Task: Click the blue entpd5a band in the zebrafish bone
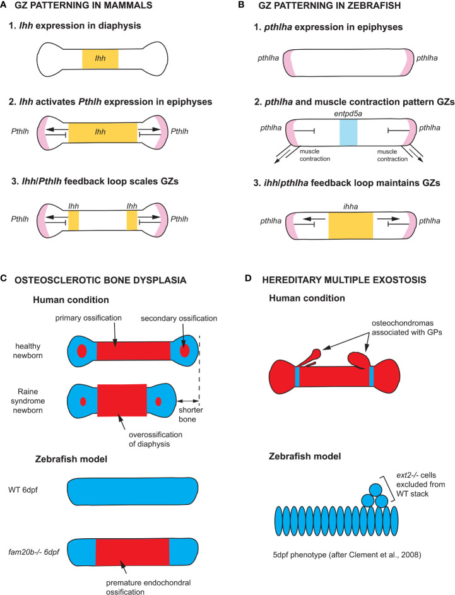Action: (x=348, y=132)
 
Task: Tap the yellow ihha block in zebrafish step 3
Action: (x=351, y=225)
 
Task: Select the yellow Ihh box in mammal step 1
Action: (x=100, y=59)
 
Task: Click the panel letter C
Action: (x=3, y=278)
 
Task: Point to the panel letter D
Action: (x=248, y=278)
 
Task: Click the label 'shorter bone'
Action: (x=191, y=415)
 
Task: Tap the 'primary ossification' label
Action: (x=88, y=318)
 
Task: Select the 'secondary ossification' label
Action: (x=179, y=319)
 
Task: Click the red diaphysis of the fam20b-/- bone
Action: (x=132, y=551)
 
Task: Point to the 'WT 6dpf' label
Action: (x=23, y=490)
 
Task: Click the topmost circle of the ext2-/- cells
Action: (x=375, y=490)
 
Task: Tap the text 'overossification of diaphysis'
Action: (x=156, y=439)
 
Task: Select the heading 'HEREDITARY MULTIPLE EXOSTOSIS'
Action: (x=344, y=280)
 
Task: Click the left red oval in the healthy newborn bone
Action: (x=82, y=351)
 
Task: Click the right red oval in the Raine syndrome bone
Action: (x=158, y=401)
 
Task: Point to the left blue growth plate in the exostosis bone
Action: (x=298, y=377)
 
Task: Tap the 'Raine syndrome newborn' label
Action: (x=28, y=401)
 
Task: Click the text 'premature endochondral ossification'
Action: (x=148, y=587)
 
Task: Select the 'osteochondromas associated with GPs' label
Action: (x=407, y=328)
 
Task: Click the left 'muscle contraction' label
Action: (x=315, y=155)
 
